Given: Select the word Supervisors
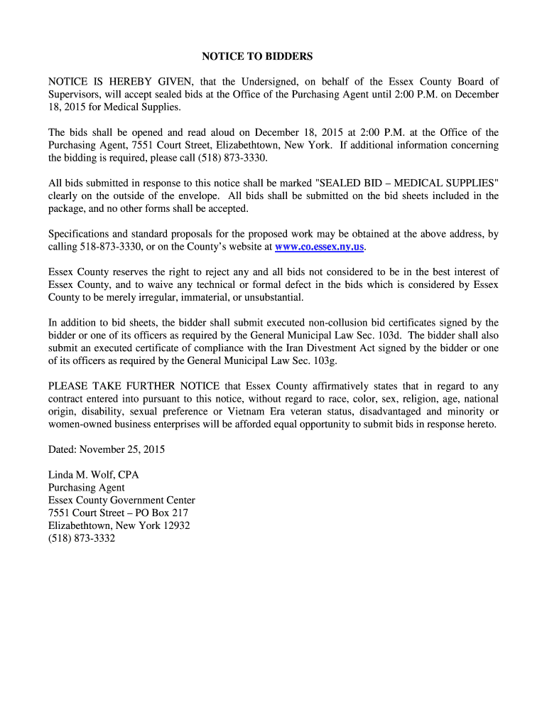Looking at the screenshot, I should click(75, 95).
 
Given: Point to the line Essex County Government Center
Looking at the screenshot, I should click(121, 500).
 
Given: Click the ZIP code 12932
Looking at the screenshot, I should click(175, 526).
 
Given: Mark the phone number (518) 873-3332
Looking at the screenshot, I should click(81, 539).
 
